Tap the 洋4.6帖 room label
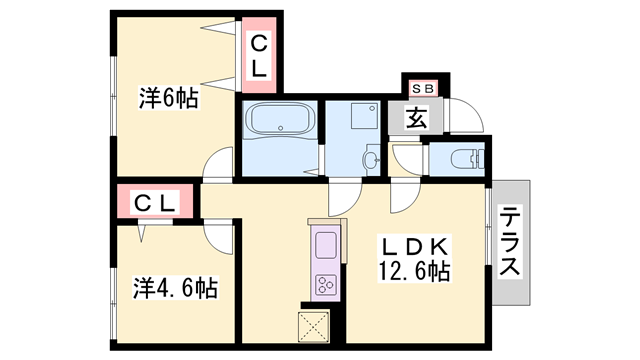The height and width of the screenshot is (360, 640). click(175, 289)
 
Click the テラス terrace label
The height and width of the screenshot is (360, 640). click(510, 243)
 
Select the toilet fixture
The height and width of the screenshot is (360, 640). click(466, 158)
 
